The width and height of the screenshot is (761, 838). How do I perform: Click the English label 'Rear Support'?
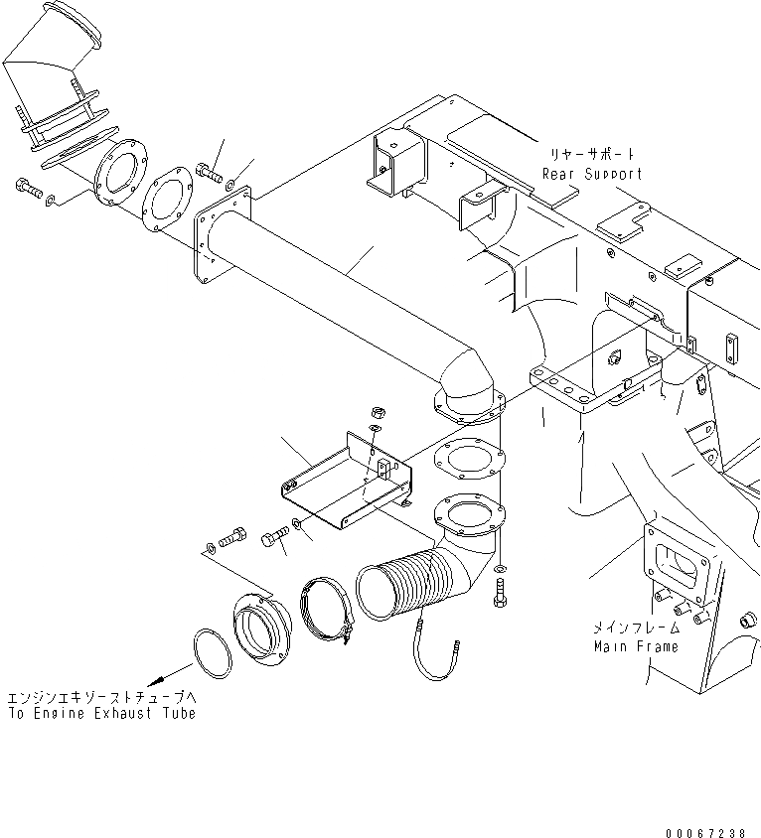tap(592, 174)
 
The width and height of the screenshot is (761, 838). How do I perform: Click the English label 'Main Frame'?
tap(637, 646)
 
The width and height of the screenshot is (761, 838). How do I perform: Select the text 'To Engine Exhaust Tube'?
tap(102, 713)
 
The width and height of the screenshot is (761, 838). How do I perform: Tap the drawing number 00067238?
tap(705, 833)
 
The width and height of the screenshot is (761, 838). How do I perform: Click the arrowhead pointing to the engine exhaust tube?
tap(156, 680)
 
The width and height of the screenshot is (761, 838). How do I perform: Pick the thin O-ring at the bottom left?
tap(213, 654)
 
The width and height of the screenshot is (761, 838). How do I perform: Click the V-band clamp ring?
tap(327, 609)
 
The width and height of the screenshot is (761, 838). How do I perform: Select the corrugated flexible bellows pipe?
tap(406, 585)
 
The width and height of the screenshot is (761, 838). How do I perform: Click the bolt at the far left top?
tap(29, 188)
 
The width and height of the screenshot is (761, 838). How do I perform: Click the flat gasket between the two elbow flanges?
tap(470, 458)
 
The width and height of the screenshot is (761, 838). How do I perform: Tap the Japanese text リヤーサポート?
tap(592, 155)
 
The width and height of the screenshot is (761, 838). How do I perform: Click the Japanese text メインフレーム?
tap(636, 628)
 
